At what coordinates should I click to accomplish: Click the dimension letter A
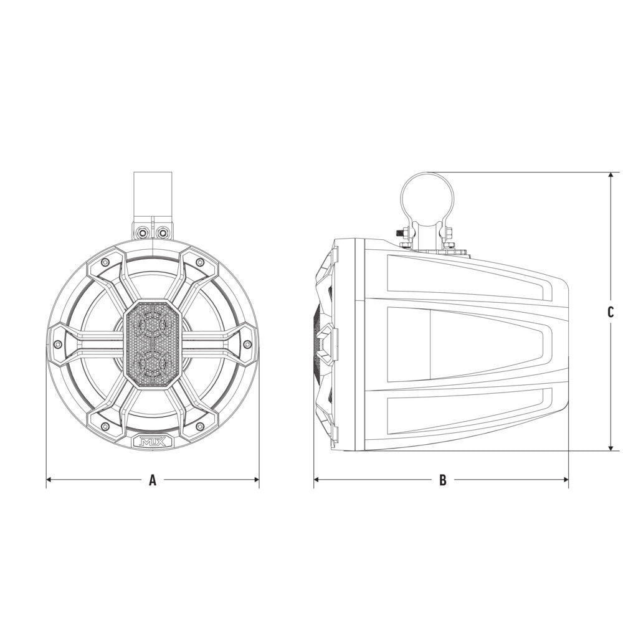pyautogui.click(x=153, y=480)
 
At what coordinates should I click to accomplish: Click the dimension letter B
pyautogui.click(x=442, y=480)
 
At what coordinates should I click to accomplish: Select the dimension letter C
pyautogui.click(x=611, y=312)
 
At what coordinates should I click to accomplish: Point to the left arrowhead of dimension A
pyautogui.click(x=49, y=480)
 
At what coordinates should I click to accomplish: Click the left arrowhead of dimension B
pyautogui.click(x=316, y=480)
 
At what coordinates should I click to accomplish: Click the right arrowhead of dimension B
pyautogui.click(x=566, y=480)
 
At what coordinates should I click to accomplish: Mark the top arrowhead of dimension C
pyautogui.click(x=611, y=176)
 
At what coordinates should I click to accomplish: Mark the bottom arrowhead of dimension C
pyautogui.click(x=611, y=447)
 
